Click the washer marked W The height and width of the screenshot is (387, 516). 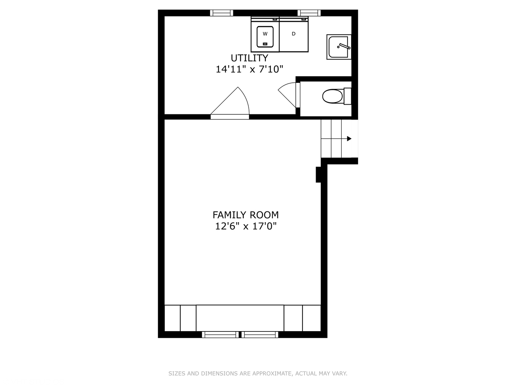click(x=265, y=34)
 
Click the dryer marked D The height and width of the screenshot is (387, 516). click(x=293, y=34)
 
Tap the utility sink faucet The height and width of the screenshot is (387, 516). click(x=344, y=46)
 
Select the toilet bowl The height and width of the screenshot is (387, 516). click(x=332, y=96)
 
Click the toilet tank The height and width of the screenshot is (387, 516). click(x=348, y=96)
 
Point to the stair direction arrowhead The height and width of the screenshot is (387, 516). click(x=349, y=139)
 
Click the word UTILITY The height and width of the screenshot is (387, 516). click(x=249, y=58)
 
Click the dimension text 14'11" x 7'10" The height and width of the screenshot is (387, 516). click(x=249, y=69)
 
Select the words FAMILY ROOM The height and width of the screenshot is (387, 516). click(x=246, y=215)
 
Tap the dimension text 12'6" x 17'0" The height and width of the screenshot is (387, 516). click(x=246, y=226)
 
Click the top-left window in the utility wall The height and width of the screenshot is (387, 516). click(x=221, y=13)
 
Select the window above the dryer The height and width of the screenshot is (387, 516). click(x=309, y=13)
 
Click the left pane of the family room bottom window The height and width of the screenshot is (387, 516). click(x=220, y=335)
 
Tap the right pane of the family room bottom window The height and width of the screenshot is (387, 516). click(x=260, y=335)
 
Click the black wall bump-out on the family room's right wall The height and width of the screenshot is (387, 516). click(x=318, y=175)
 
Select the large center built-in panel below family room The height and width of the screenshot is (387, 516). click(x=240, y=318)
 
